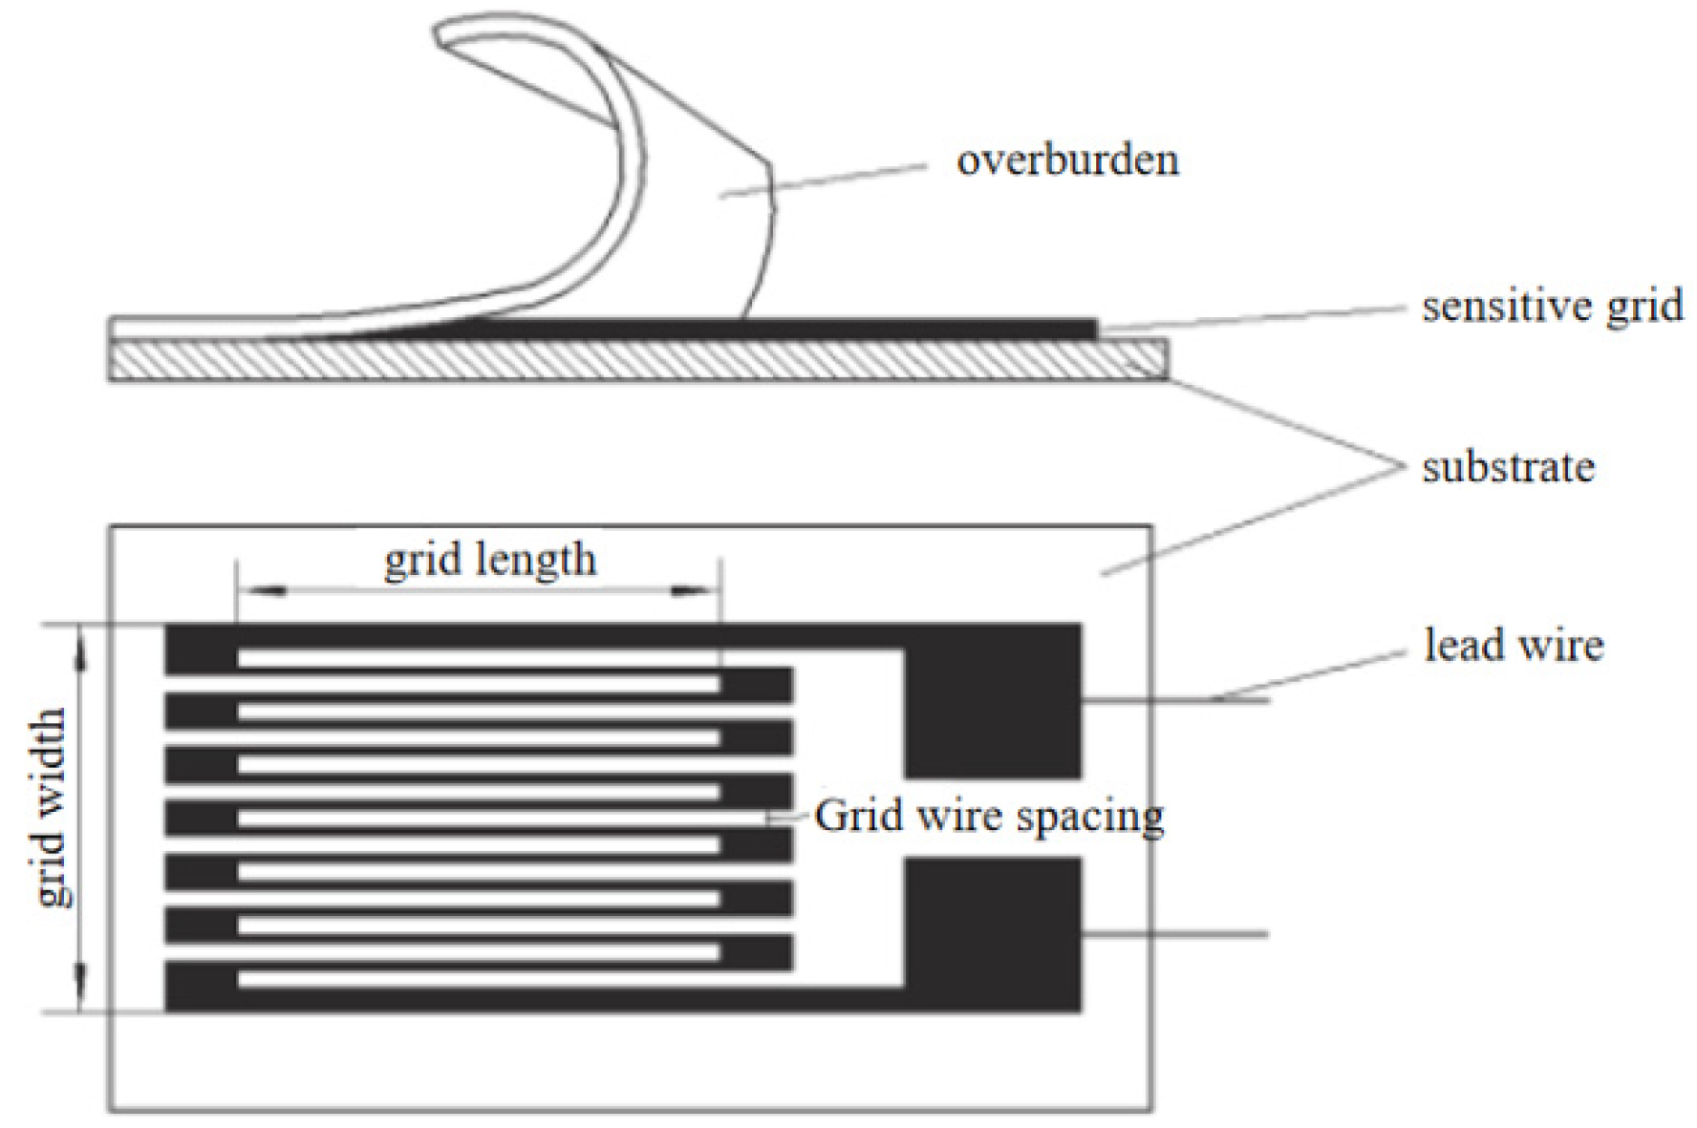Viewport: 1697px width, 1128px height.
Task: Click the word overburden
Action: pos(1067,160)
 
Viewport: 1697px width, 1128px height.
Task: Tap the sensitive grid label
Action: pos(1552,308)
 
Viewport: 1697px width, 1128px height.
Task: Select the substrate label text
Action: pos(1508,468)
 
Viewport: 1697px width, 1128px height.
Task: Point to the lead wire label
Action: pos(1514,646)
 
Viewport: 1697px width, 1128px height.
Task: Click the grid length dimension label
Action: pos(489,560)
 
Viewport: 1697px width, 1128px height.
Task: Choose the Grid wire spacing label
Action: pos(989,817)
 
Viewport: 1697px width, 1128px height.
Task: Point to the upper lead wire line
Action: pos(1175,701)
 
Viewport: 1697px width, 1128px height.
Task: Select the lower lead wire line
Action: pos(1175,933)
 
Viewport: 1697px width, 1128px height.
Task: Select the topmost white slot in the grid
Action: pos(478,658)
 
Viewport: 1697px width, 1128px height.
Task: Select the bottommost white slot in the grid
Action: pos(478,979)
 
